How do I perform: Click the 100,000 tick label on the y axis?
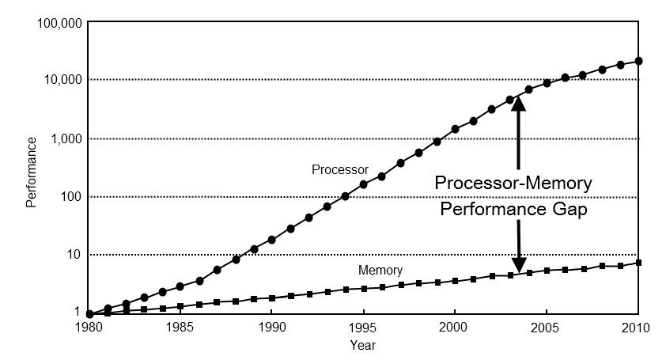click(x=59, y=24)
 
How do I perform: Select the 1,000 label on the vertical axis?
click(x=66, y=139)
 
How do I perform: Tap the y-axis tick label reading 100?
click(x=70, y=197)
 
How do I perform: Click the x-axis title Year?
click(x=363, y=346)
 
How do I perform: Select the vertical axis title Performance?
click(x=32, y=172)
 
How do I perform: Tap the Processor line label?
click(x=340, y=169)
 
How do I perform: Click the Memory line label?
click(x=380, y=271)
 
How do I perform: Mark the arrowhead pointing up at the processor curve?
click(x=518, y=104)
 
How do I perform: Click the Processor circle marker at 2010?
click(x=638, y=61)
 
